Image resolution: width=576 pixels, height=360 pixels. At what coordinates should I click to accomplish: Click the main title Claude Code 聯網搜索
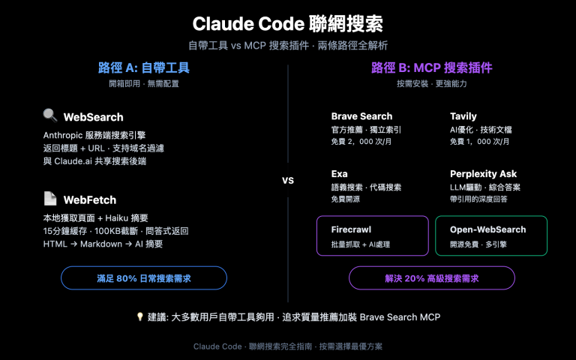[x=288, y=23]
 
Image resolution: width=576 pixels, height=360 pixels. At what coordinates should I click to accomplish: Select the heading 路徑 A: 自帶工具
[x=144, y=67]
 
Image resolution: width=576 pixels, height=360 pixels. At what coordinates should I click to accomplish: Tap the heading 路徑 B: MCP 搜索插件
[x=431, y=67]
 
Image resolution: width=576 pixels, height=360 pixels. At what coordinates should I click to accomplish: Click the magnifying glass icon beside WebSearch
[x=50, y=115]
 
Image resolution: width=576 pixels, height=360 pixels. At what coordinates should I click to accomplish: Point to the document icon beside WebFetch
[x=50, y=199]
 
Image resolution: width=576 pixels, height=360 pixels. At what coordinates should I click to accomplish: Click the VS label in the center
[x=288, y=181]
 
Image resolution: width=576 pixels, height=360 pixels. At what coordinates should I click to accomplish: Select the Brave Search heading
[x=361, y=116]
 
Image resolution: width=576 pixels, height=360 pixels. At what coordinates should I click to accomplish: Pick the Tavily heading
[x=463, y=116]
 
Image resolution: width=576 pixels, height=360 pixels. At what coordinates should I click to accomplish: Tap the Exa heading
[x=339, y=174]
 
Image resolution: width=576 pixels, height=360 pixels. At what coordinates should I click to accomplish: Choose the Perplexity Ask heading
[x=483, y=174]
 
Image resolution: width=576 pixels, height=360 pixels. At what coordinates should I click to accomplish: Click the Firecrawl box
[x=372, y=236]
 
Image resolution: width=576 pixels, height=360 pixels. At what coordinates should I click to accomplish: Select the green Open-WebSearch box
[x=491, y=236]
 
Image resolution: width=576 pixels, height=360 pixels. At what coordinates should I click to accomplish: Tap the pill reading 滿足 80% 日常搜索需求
[x=144, y=278]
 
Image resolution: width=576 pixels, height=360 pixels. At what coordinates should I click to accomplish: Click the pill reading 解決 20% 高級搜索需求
[x=431, y=278]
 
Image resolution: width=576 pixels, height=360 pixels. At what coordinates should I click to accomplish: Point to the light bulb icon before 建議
[x=139, y=317]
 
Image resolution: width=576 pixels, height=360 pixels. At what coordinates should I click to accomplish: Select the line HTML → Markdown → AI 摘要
[x=103, y=244]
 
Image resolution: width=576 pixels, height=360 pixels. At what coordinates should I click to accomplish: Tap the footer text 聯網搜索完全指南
[x=279, y=346]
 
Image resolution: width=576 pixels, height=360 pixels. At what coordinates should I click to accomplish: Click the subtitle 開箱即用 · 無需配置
[x=144, y=83]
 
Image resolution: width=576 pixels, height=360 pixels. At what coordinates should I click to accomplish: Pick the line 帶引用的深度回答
[x=478, y=199]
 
